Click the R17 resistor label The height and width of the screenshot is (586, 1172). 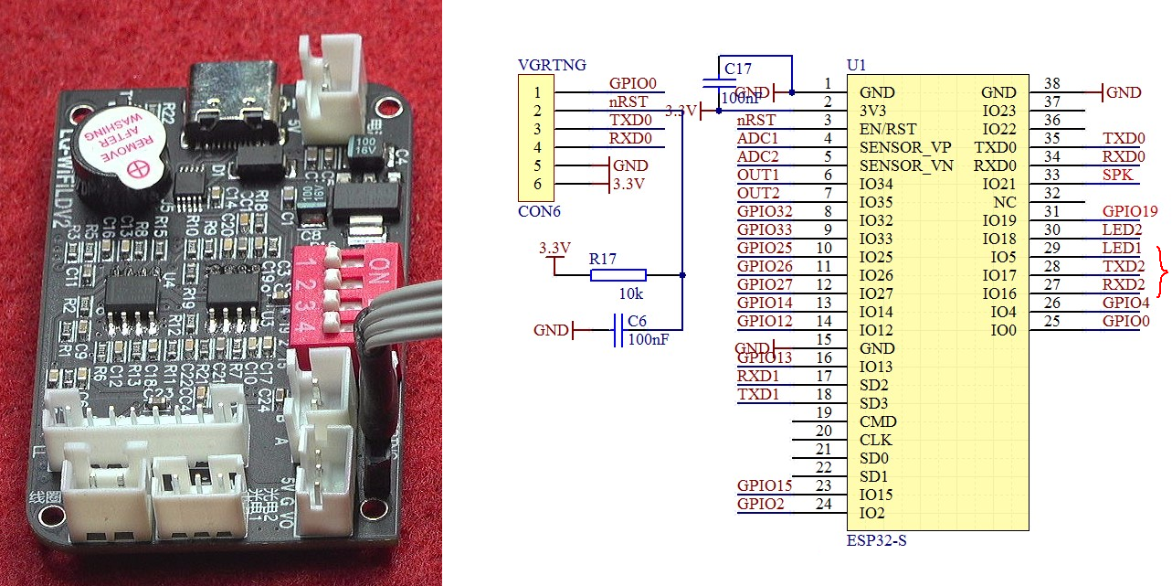coord(603,259)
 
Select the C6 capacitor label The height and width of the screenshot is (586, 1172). coord(638,321)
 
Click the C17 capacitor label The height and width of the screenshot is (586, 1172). coord(738,69)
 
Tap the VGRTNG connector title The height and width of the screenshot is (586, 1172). coord(552,65)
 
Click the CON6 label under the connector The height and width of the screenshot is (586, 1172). coord(539,212)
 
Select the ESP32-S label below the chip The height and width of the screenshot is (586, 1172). coord(877,540)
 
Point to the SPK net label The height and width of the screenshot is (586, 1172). coord(1116,175)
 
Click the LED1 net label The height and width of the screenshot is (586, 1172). coord(1122,248)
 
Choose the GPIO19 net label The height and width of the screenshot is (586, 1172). coord(1130,211)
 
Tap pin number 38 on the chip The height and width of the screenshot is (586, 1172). coord(1052,84)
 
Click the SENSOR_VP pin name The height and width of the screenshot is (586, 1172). coord(905,147)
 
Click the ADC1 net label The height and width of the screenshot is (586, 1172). coord(758,138)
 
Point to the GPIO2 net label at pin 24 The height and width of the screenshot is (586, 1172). coord(760,504)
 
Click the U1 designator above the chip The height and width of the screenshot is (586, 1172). coord(856,66)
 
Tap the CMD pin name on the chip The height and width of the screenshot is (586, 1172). coord(878,421)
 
